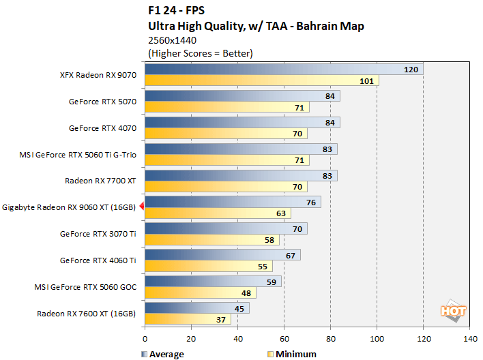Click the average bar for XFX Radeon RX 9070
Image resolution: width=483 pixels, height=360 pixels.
(x=283, y=70)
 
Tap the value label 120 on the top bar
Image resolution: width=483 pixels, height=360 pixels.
(x=411, y=70)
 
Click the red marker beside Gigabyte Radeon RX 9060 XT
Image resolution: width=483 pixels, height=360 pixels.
(x=141, y=207)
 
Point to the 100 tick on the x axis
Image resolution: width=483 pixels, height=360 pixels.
(x=377, y=337)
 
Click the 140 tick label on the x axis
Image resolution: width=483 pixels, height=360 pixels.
(x=470, y=337)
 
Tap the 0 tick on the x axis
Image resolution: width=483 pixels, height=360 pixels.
(x=145, y=337)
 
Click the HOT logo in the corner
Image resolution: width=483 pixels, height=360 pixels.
(x=454, y=310)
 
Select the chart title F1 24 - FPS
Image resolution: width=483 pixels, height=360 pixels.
(x=176, y=12)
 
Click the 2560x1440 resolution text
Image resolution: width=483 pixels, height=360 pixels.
(x=172, y=40)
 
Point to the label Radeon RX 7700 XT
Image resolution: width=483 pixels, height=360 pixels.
(x=100, y=181)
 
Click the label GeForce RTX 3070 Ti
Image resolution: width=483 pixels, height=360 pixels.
(x=98, y=233)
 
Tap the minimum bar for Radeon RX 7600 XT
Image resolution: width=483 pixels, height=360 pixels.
(x=188, y=318)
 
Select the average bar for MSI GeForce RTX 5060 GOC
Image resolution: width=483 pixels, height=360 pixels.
(x=213, y=281)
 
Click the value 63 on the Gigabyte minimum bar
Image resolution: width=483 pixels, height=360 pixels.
(x=281, y=213)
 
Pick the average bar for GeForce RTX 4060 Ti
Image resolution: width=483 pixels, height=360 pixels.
(x=222, y=254)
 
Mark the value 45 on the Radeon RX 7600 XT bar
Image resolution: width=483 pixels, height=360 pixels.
(x=239, y=307)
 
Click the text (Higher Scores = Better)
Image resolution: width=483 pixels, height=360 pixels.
(x=200, y=53)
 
